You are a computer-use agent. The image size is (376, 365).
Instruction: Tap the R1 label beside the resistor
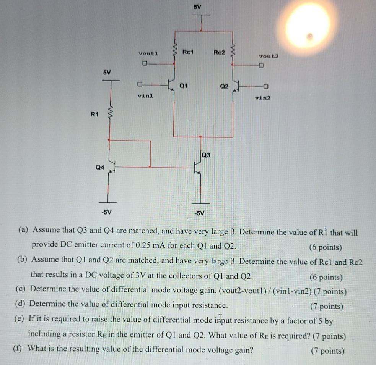(94, 113)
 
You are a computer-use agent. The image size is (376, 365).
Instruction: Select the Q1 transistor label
(184, 86)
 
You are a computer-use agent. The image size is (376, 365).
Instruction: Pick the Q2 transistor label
(224, 87)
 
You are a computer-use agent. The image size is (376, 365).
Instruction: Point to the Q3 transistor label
(206, 155)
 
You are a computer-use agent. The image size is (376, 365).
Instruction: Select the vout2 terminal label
(269, 56)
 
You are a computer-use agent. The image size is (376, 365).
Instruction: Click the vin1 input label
(145, 96)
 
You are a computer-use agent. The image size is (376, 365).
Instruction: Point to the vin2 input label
(262, 98)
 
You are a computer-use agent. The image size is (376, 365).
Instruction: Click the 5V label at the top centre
(197, 7)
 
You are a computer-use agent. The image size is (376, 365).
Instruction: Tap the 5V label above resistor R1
(107, 72)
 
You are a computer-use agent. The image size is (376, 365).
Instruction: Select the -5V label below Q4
(107, 212)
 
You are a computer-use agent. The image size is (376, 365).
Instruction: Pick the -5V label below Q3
(199, 213)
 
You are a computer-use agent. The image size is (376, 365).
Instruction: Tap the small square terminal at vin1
(140, 84)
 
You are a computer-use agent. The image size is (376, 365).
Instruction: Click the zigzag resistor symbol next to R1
(110, 113)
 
